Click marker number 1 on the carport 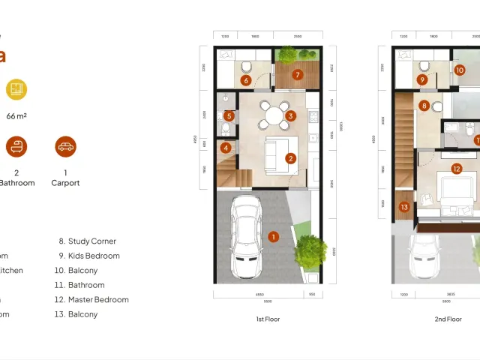click(274, 237)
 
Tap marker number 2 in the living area click(290, 158)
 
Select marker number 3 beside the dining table click(290, 116)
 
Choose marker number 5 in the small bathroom click(229, 115)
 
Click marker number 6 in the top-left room click(245, 80)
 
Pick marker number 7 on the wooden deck click(297, 74)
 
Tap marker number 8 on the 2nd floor click(424, 106)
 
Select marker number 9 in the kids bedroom click(422, 79)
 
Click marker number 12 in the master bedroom click(456, 169)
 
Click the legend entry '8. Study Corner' click(87, 241)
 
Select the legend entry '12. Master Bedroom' click(94, 300)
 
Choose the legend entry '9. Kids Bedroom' click(89, 256)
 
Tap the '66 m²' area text click(16, 116)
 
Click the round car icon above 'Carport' click(66, 147)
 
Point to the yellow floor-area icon click(16, 89)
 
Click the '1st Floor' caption click(268, 319)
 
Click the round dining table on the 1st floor click(274, 115)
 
